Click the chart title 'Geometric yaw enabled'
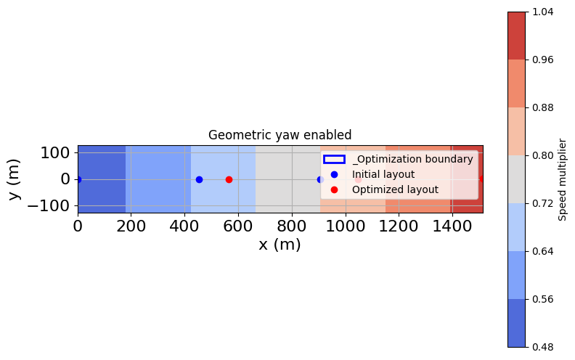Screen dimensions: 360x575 tap(280, 135)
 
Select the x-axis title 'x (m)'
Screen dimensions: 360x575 tap(280, 245)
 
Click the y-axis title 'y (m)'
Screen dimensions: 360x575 tap(15, 179)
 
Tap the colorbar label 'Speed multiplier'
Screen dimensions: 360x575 tap(563, 179)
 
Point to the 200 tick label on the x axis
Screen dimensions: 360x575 tap(131, 226)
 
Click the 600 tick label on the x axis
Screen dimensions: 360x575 tap(238, 226)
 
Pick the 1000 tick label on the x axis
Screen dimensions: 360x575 tap(345, 226)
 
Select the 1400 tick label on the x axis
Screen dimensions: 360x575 tap(452, 226)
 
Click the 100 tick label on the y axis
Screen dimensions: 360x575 tap(54, 152)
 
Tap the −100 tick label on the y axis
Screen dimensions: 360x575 tap(49, 205)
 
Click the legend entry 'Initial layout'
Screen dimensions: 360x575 tap(383, 174)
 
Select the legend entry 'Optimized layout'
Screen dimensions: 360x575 tap(395, 189)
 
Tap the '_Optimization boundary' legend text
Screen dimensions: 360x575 tap(412, 159)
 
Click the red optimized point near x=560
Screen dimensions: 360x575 tap(229, 179)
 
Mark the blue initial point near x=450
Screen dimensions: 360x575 tap(199, 179)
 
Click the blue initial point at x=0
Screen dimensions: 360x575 tap(78, 179)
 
